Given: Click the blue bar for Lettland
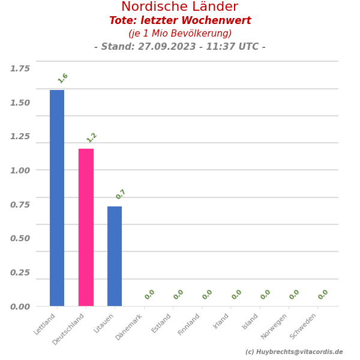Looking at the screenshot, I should pyautogui.click(x=57, y=198).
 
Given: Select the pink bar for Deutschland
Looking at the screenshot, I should pyautogui.click(x=86, y=227).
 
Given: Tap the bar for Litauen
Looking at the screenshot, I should pyautogui.click(x=115, y=256).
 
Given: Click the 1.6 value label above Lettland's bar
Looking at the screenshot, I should pyautogui.click(x=63, y=78).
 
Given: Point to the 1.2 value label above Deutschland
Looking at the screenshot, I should pyautogui.click(x=92, y=137).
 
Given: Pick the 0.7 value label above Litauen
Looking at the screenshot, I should pyautogui.click(x=121, y=194).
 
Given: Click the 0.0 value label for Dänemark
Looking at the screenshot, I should pyautogui.click(x=150, y=295).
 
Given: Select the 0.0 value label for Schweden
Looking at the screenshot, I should pyautogui.click(x=323, y=295).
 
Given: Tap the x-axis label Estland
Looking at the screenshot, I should pyautogui.click(x=162, y=323).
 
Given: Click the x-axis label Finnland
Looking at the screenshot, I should pyautogui.click(x=190, y=324).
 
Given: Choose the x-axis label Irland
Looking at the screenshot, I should pyautogui.click(x=221, y=321).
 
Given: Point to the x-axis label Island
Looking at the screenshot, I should pyautogui.click(x=250, y=321).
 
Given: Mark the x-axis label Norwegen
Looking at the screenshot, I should pyautogui.click(x=274, y=326).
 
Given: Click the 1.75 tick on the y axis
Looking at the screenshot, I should pyautogui.click(x=20, y=68).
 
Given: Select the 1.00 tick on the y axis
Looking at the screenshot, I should pyautogui.click(x=20, y=170).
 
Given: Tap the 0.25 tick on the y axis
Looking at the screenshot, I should pyautogui.click(x=20, y=272).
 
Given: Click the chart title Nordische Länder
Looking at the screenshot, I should pyautogui.click(x=180, y=7).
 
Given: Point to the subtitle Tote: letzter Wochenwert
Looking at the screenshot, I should pyautogui.click(x=180, y=21).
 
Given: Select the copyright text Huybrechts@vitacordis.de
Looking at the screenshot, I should pyautogui.click(x=299, y=352).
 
